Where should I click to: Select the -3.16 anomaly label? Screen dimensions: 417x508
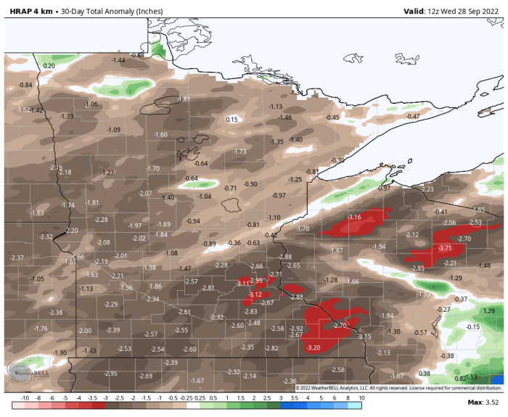coord(355,218)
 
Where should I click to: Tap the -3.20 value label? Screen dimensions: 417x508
coord(314,348)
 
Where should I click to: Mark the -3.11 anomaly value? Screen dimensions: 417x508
coord(243,283)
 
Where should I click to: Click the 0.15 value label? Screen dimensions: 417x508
coord(232,120)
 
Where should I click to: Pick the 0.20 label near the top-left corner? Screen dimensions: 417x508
coord(49,66)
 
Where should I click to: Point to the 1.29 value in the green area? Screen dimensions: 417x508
coord(488,310)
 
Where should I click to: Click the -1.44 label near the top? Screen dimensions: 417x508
coord(118,60)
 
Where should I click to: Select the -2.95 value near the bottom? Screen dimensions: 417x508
coord(110,373)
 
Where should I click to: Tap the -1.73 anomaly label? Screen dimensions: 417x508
coord(239,151)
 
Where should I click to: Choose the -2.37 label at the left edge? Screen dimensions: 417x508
coord(17,258)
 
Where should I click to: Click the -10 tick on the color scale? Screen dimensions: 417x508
coord(24,398)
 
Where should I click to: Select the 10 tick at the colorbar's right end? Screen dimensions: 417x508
coord(361,398)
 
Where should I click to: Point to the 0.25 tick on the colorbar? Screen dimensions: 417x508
coord(200,398)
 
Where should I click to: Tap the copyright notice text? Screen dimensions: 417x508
coord(398,387)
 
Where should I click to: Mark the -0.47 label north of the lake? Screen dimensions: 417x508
coord(413,117)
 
